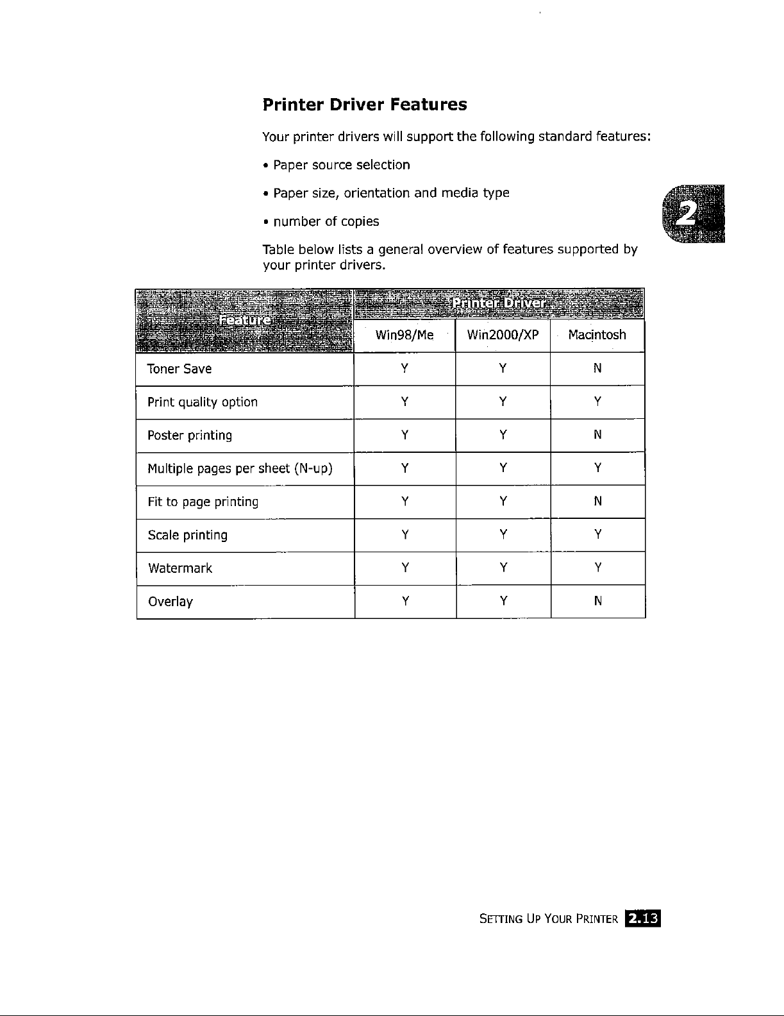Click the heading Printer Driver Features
coord(365,105)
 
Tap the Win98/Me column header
coord(404,335)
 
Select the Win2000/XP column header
coord(503,335)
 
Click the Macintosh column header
coord(597,335)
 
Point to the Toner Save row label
coord(179,369)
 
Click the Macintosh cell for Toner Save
coord(597,368)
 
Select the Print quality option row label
coord(203,402)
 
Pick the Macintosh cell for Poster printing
coord(597,435)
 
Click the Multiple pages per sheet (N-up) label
coord(240,468)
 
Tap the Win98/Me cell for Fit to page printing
coord(405,502)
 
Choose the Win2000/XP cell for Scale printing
coord(503,534)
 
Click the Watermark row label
coord(180,568)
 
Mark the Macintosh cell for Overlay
coord(597,601)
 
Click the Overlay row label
coord(171,602)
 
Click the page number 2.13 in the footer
coord(643,919)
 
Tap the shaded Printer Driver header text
coord(499,303)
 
